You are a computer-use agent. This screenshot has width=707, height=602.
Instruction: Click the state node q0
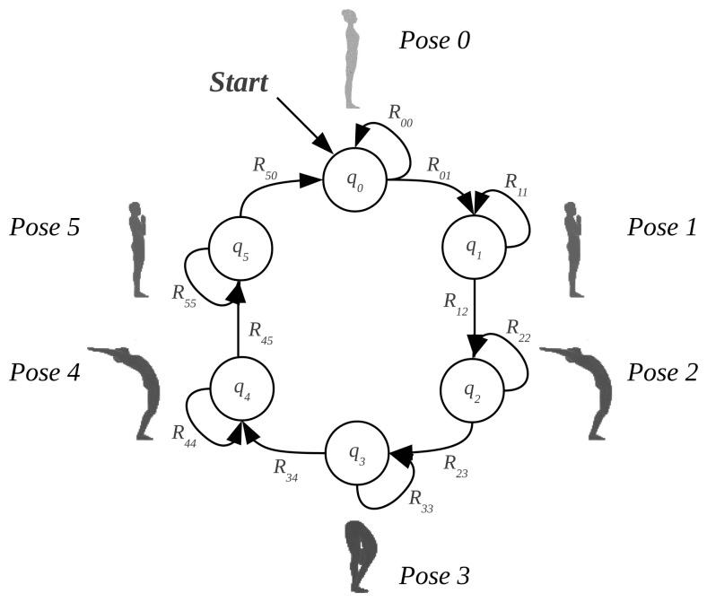[357, 179]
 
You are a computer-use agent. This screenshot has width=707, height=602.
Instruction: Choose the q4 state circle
[240, 388]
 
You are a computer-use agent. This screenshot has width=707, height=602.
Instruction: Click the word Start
[239, 83]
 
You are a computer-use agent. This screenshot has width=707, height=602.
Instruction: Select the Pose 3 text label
[434, 573]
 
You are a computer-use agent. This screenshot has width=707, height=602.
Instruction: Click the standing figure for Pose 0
[350, 58]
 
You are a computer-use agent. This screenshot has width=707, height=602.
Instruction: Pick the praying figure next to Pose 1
[573, 249]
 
